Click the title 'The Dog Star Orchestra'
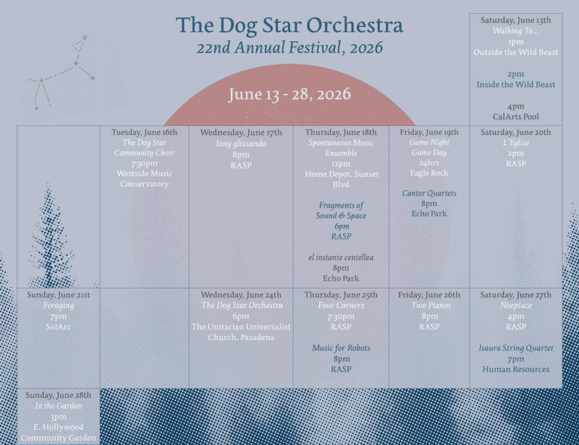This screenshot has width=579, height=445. pos(289,25)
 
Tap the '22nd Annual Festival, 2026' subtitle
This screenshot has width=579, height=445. pos(289,48)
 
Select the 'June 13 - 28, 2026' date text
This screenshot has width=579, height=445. pos(289,94)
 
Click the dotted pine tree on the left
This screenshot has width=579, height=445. pos(50,237)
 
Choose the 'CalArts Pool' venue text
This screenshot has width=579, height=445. pos(515,116)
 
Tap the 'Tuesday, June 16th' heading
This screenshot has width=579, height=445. pos(144,132)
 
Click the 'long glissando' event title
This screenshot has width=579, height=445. pos(241,144)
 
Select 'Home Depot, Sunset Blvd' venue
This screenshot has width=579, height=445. pos(341,179)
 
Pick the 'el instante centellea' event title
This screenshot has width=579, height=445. pos(341,258)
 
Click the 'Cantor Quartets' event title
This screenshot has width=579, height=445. pos(429,193)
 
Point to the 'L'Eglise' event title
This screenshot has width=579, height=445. pos(516,143)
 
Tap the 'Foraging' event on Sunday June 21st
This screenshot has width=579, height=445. pos(59,306)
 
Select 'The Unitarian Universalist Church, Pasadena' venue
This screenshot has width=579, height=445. pos(241,332)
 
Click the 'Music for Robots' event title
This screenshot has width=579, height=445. pos(341,348)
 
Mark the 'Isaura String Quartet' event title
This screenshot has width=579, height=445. pos(516,348)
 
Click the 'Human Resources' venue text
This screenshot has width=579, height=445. pos(516,369)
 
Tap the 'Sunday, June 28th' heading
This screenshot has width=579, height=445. pos(59,395)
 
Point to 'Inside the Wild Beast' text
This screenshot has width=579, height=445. pos(515,85)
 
